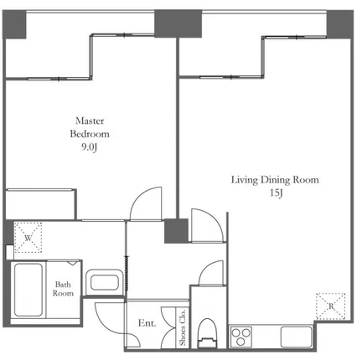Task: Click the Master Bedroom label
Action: [x=90, y=127]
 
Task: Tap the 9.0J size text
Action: [x=90, y=147]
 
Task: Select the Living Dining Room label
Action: [x=275, y=180]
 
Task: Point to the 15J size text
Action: [x=277, y=193]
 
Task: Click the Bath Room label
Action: [x=63, y=289]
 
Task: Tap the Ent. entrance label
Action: [x=147, y=323]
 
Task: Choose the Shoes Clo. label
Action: [x=183, y=327]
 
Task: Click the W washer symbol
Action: [x=28, y=238]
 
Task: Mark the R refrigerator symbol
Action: [x=331, y=306]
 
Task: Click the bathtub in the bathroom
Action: [x=28, y=290]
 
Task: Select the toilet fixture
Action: [x=208, y=333]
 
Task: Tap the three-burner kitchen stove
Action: [x=241, y=337]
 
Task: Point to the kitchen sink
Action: [x=296, y=337]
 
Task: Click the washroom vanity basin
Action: [x=105, y=282]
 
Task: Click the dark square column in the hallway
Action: [x=176, y=231]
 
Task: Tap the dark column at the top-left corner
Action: [x=14, y=24]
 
